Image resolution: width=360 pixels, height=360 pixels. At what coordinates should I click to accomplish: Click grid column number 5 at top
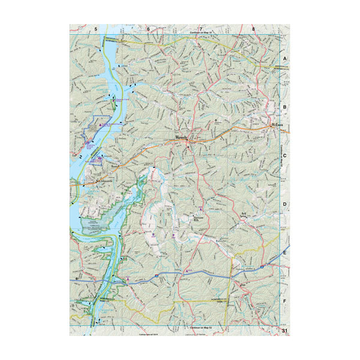[x=95, y=29]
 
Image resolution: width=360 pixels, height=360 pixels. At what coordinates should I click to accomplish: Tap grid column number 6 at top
[x=148, y=29]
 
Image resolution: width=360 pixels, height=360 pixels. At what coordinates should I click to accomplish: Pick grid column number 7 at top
[x=200, y=29]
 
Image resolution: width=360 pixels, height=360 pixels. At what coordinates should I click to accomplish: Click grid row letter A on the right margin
[x=285, y=59]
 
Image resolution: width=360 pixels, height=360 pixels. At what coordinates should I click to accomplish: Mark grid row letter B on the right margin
[x=285, y=107]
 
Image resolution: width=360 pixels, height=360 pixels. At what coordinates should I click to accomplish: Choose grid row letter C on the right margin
[x=285, y=156]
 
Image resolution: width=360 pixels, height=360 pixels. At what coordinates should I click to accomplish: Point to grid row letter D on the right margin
[x=285, y=205]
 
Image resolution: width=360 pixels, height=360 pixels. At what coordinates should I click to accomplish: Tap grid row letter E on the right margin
[x=285, y=253]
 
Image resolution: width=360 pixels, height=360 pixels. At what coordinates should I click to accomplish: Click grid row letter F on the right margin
[x=285, y=301]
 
